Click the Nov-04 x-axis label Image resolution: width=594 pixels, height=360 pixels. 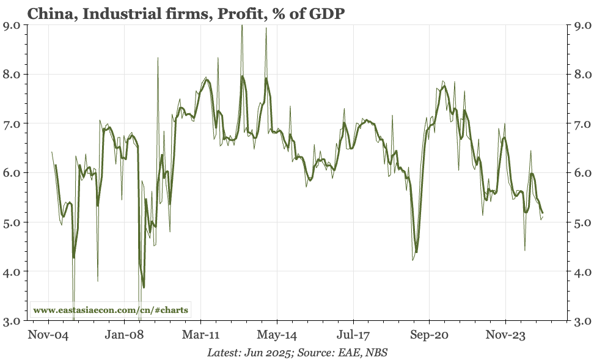click(48, 335)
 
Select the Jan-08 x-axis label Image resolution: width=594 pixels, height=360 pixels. click(125, 335)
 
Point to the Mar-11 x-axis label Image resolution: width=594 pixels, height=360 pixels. click(201, 335)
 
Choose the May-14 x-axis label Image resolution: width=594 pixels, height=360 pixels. click(277, 335)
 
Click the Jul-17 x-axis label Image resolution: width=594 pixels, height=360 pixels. click(353, 335)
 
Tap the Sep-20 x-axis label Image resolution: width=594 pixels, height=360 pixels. click(429, 335)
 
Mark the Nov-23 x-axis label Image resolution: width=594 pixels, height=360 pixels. click(505, 335)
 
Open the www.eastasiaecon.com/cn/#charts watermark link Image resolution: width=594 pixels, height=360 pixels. click(111, 310)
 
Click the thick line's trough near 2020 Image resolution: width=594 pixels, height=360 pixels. click(416, 252)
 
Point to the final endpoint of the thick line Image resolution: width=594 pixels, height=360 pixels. click(543, 213)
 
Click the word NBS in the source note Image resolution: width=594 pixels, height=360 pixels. click(376, 353)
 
